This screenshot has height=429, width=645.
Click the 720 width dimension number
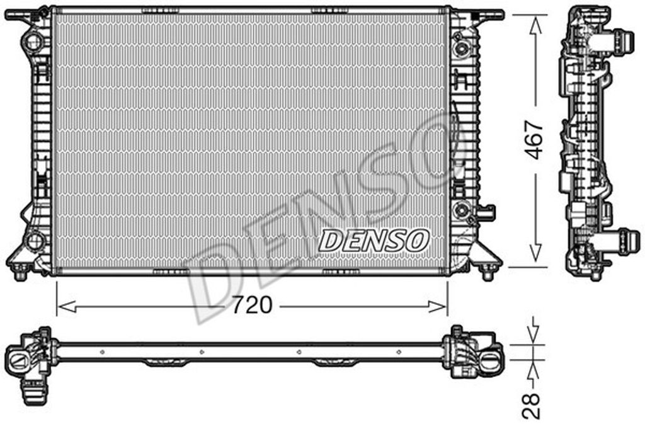pos(252,305)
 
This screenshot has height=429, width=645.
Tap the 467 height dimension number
pos(534,139)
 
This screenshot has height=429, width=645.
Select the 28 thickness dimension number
pos(530,406)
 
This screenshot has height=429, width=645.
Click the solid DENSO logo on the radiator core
pos(374,241)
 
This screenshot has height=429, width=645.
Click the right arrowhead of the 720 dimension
pos(437,306)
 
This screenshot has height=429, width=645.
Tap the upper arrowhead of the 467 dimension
pos(535,25)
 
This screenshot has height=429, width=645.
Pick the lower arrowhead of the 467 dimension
pos(535,253)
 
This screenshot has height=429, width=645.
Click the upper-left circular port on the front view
pos(32,41)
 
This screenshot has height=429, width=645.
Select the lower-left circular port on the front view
pos(35,241)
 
